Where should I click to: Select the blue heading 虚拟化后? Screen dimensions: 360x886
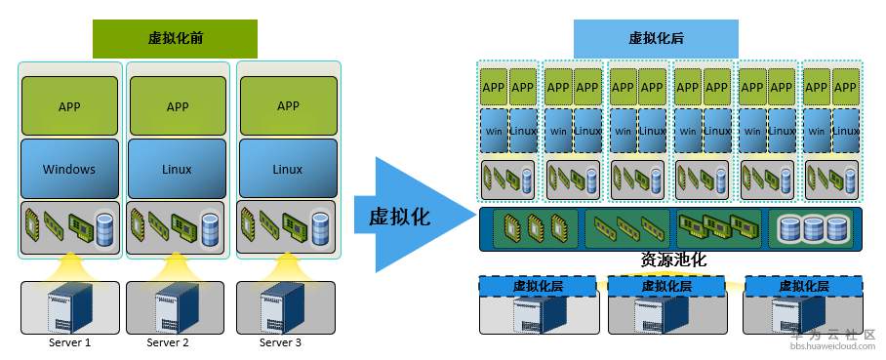tap(655, 38)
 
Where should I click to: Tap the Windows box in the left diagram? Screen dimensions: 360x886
tap(69, 169)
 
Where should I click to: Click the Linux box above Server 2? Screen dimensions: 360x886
tap(178, 169)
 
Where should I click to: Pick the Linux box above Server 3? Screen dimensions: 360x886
tap(287, 169)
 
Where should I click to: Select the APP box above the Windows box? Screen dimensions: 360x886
tap(69, 106)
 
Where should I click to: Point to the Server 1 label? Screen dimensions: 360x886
tap(69, 342)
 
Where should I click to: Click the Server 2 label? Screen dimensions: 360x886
tap(168, 342)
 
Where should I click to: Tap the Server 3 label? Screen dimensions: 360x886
tap(280, 342)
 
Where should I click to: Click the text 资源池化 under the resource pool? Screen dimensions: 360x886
tap(672, 260)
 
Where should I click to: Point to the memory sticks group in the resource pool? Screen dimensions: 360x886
tap(625, 229)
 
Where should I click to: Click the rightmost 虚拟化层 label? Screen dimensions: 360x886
tap(804, 286)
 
